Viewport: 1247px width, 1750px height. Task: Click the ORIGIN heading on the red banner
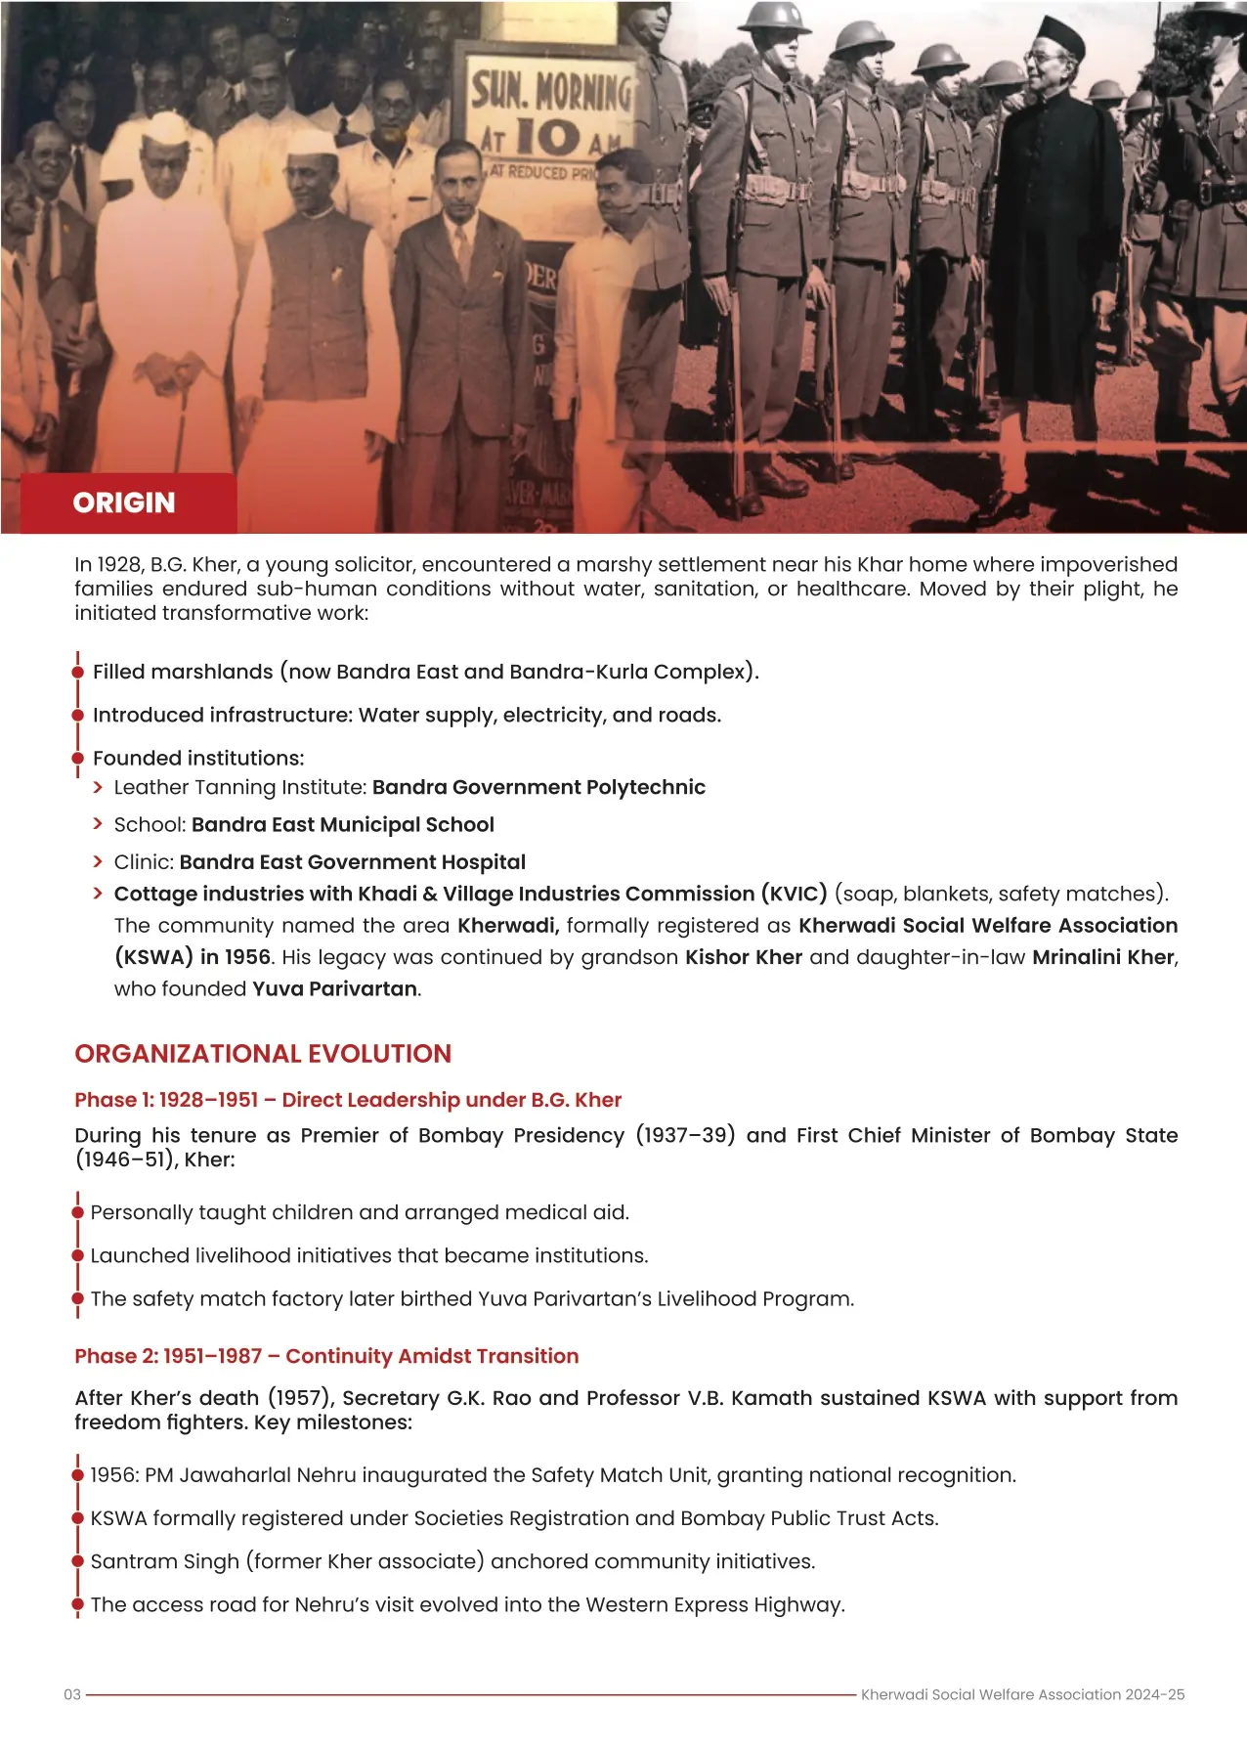[x=124, y=503]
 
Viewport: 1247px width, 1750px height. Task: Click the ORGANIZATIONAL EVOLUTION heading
[x=263, y=1054]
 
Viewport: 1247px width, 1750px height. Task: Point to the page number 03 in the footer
[x=72, y=1694]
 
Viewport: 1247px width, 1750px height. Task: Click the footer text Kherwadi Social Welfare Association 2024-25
[x=1022, y=1694]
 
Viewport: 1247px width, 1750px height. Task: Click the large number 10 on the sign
[x=547, y=138]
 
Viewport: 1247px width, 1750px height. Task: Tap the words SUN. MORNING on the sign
[x=551, y=91]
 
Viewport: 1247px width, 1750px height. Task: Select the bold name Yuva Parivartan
[x=336, y=988]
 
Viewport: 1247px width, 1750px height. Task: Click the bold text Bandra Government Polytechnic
[x=538, y=787]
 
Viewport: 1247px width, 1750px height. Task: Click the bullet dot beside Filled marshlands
[x=78, y=673]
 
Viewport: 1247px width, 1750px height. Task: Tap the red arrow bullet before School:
[x=98, y=824]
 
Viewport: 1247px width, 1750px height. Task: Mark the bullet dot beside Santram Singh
[x=78, y=1561]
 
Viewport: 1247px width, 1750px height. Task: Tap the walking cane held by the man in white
[x=182, y=420]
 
